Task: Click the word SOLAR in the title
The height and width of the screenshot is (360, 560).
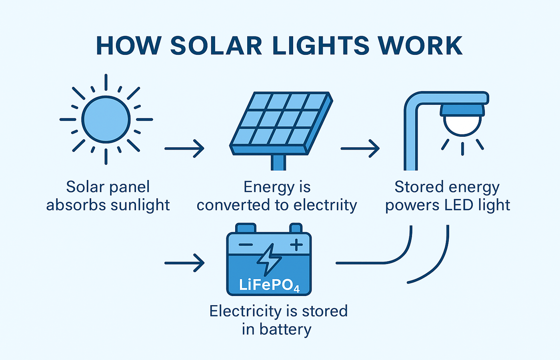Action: click(x=216, y=46)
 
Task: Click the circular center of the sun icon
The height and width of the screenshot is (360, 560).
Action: click(x=106, y=119)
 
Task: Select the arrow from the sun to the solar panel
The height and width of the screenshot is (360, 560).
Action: click(x=184, y=148)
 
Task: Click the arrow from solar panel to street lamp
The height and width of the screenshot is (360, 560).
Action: click(x=360, y=148)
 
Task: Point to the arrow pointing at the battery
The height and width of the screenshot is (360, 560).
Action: click(x=184, y=263)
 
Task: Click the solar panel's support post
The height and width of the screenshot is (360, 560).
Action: click(x=278, y=162)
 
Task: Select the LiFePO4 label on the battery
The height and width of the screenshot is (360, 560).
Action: click(x=269, y=285)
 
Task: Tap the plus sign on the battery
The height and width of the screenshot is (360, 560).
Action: click(x=296, y=244)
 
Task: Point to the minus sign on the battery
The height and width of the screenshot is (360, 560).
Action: click(x=245, y=245)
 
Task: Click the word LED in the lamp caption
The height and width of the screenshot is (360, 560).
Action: click(x=453, y=205)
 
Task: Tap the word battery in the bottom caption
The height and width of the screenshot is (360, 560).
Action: click(x=285, y=330)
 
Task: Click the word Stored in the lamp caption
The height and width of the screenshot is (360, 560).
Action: click(x=419, y=187)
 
